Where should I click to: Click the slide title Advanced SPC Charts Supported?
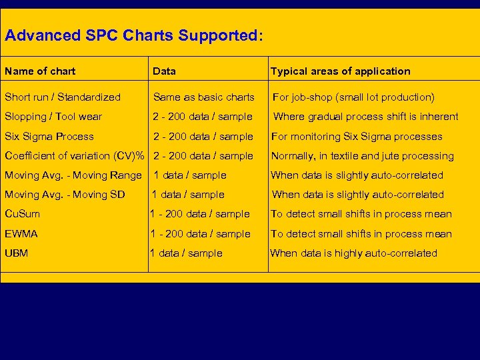(x=133, y=35)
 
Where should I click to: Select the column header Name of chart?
(x=40, y=71)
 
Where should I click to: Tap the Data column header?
(x=164, y=71)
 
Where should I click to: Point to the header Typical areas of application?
(x=340, y=71)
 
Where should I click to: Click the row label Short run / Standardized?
(x=63, y=97)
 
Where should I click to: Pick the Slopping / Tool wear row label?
(x=53, y=117)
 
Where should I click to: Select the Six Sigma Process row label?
(x=49, y=137)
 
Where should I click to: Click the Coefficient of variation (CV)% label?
(x=75, y=156)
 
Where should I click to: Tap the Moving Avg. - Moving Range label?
(x=73, y=175)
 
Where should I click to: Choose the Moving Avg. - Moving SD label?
(x=65, y=195)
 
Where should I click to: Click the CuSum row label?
(x=22, y=214)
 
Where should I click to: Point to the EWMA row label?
(x=21, y=234)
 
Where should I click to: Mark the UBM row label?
(x=17, y=253)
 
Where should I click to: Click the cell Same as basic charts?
(x=203, y=97)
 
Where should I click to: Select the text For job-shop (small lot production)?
(x=353, y=97)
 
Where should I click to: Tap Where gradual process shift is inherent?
(x=366, y=117)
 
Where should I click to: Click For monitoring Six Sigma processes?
(x=356, y=137)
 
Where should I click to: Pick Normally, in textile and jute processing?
(x=362, y=156)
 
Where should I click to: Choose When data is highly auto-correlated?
(x=353, y=253)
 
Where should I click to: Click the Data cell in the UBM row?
(x=186, y=253)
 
